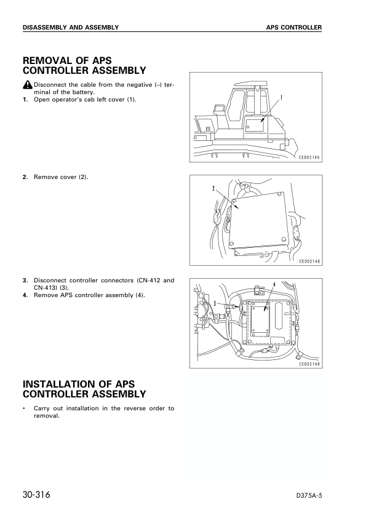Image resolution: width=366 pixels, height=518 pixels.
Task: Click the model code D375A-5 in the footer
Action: click(x=309, y=496)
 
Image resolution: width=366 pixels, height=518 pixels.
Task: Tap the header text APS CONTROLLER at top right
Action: click(x=294, y=28)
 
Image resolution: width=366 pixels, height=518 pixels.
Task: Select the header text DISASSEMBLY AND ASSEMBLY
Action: click(x=71, y=28)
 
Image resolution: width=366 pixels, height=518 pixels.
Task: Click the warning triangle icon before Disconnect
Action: click(x=28, y=85)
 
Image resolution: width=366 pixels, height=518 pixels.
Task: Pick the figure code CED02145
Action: click(x=309, y=157)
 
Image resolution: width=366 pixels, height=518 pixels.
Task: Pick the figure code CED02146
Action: click(x=309, y=261)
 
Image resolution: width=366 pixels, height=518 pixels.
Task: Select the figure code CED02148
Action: click(x=309, y=364)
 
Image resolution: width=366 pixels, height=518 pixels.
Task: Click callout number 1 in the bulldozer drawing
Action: click(x=281, y=97)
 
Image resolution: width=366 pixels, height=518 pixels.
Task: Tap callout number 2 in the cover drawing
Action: click(x=213, y=189)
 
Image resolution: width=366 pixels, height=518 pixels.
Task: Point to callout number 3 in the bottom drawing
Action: click(x=215, y=303)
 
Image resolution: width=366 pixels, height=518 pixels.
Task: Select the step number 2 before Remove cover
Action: click(x=25, y=177)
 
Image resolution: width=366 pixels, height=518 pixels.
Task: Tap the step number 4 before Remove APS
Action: click(x=25, y=295)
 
